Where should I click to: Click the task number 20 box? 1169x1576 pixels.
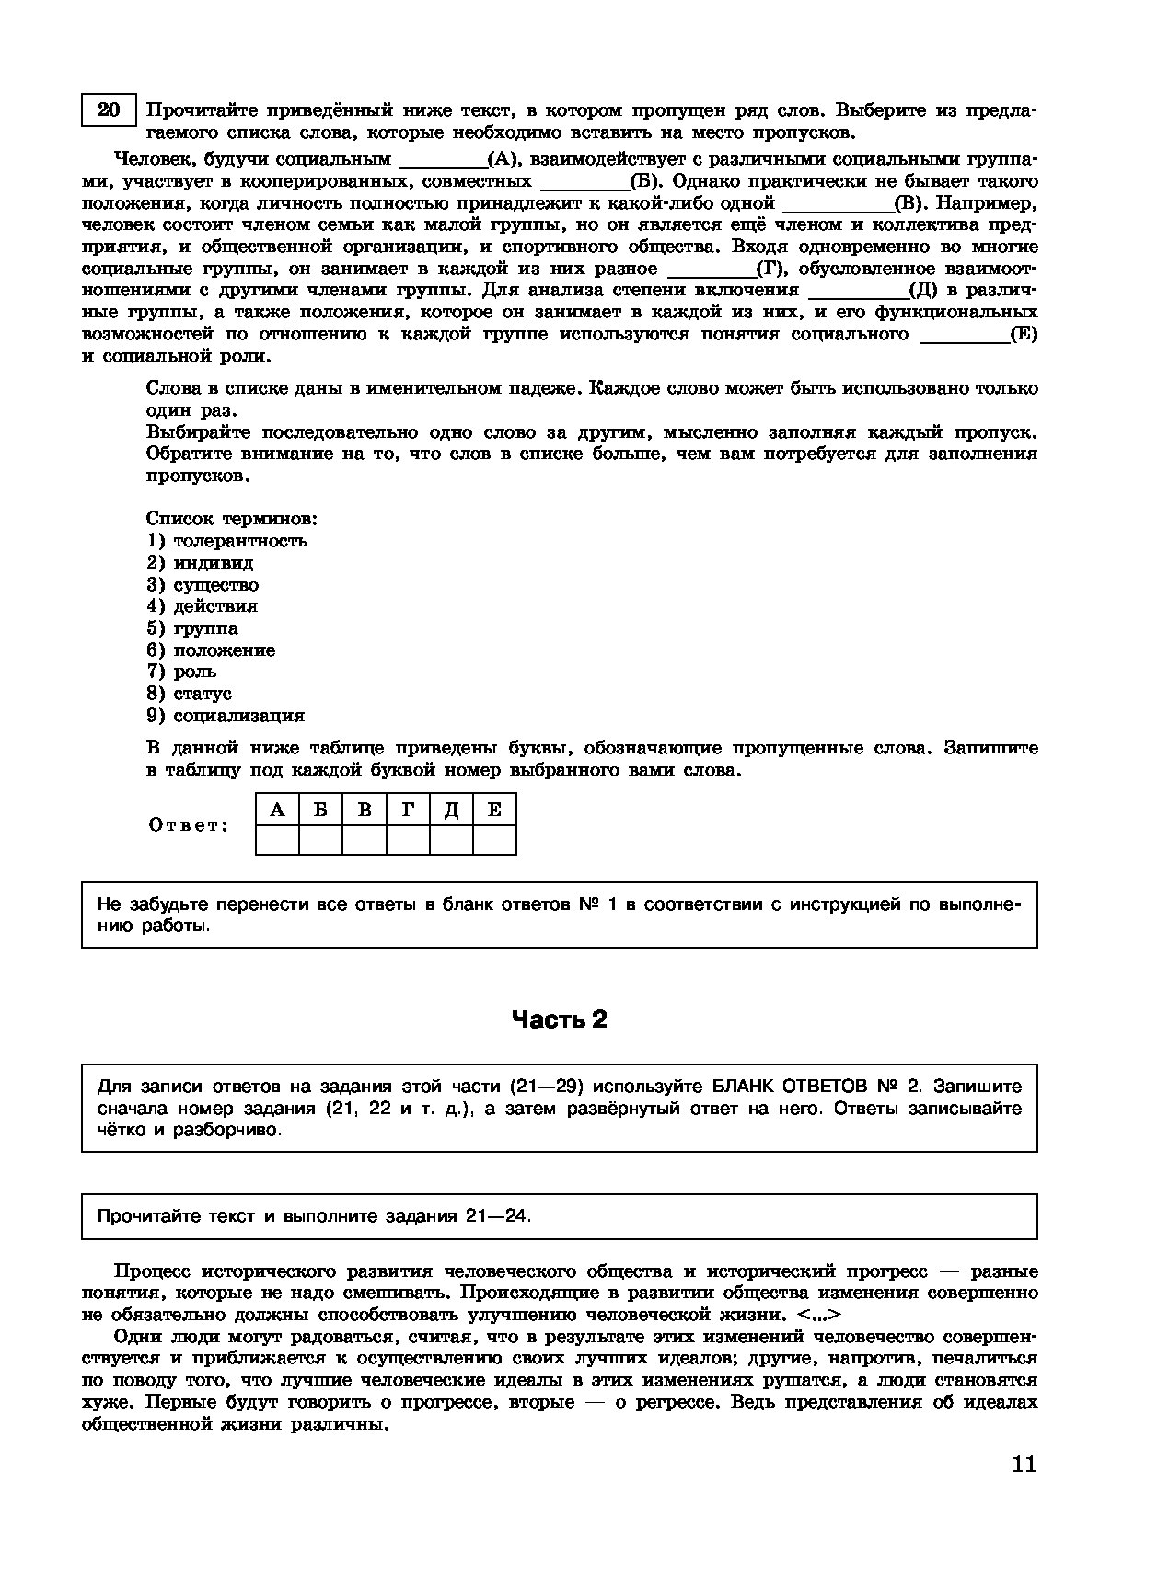(x=109, y=110)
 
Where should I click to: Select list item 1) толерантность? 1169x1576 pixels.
(x=226, y=541)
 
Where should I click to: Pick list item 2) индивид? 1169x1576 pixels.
(x=200, y=563)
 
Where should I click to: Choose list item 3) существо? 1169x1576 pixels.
(x=203, y=585)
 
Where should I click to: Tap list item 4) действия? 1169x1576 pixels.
(x=202, y=606)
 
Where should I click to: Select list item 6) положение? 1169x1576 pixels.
(x=211, y=650)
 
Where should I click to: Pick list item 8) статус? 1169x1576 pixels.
(x=189, y=694)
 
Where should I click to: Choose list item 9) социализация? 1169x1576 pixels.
(x=226, y=716)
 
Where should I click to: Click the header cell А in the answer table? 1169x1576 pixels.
(x=277, y=810)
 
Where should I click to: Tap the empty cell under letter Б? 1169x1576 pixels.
(x=320, y=840)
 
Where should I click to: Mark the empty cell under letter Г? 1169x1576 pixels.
(x=408, y=840)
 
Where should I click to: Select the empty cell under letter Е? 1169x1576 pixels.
(x=494, y=840)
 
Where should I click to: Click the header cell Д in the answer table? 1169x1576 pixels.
(x=451, y=810)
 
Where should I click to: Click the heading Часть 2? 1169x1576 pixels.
(x=559, y=1019)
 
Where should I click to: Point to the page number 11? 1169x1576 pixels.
(x=1024, y=1465)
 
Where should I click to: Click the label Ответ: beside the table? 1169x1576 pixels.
(x=188, y=824)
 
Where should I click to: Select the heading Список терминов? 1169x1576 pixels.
(x=232, y=519)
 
